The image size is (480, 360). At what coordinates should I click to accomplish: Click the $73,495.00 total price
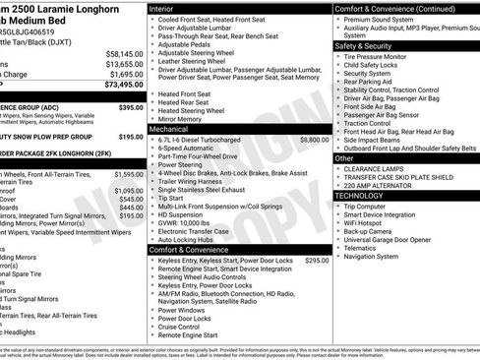point(119,86)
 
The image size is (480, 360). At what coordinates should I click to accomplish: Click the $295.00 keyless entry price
point(316,261)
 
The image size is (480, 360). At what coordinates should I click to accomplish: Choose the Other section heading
point(344,157)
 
